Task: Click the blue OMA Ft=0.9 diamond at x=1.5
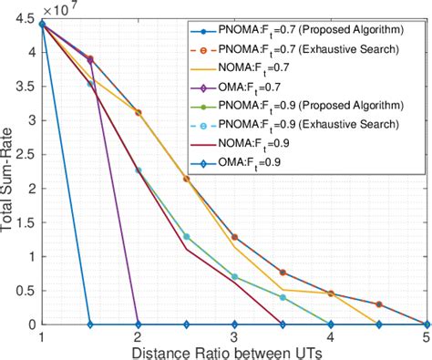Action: (89, 324)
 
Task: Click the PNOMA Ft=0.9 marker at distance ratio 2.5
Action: (187, 237)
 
